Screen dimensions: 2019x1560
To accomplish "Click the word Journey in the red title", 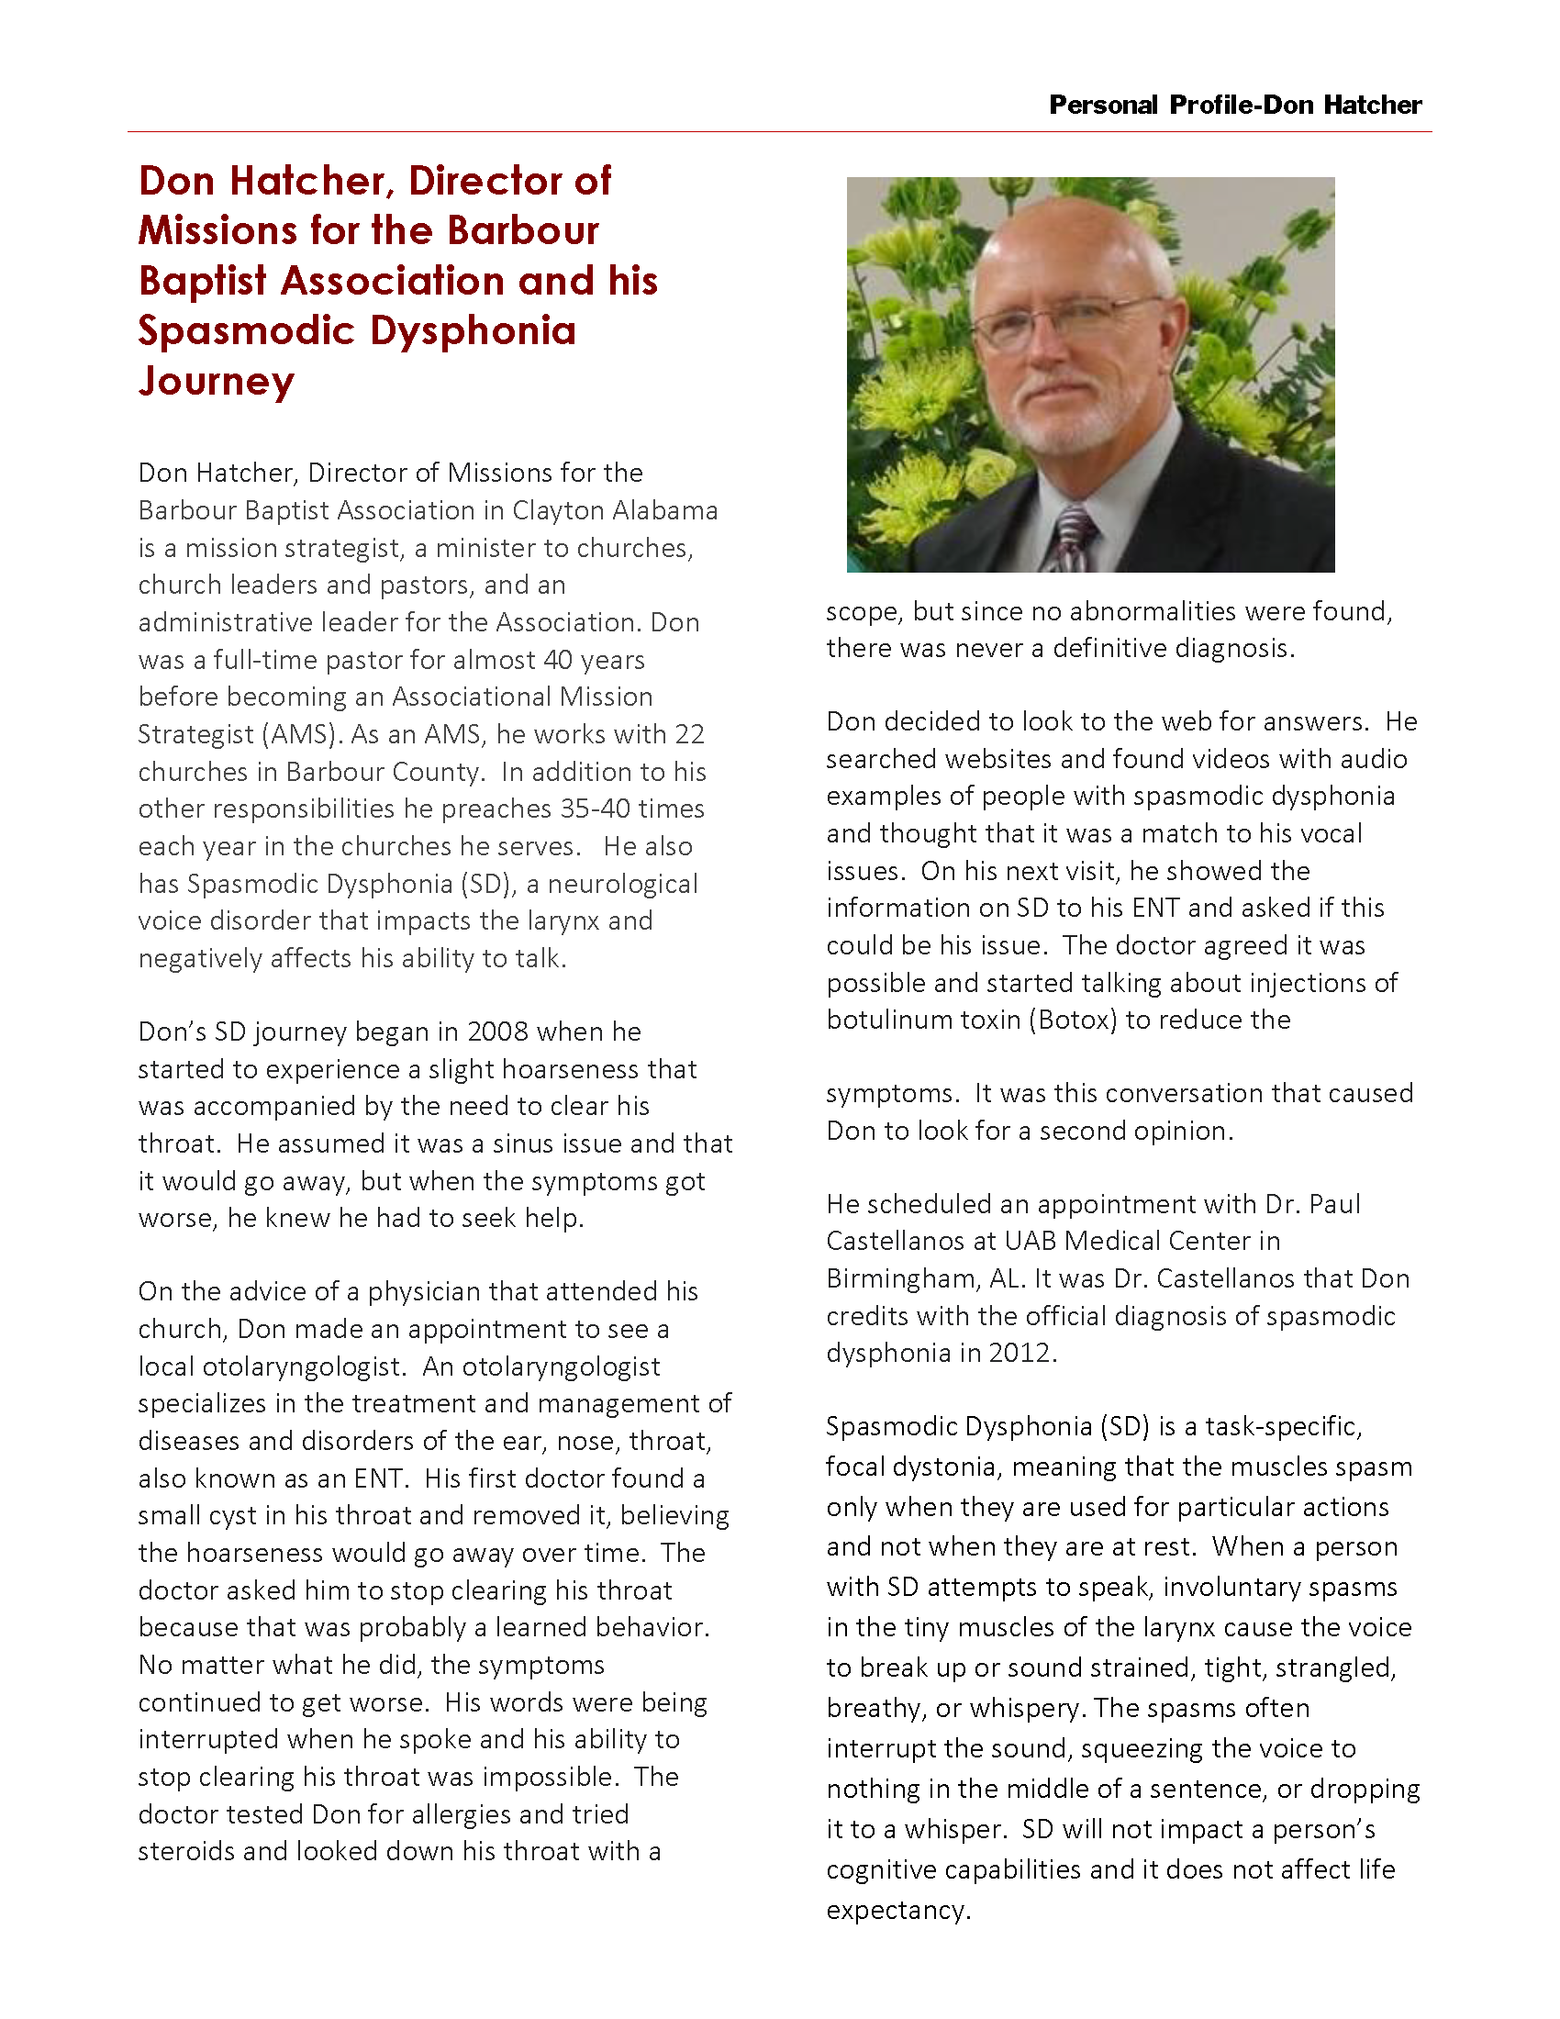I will (217, 381).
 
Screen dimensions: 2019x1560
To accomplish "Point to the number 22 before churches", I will (689, 735).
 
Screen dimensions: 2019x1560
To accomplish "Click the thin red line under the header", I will (779, 132).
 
